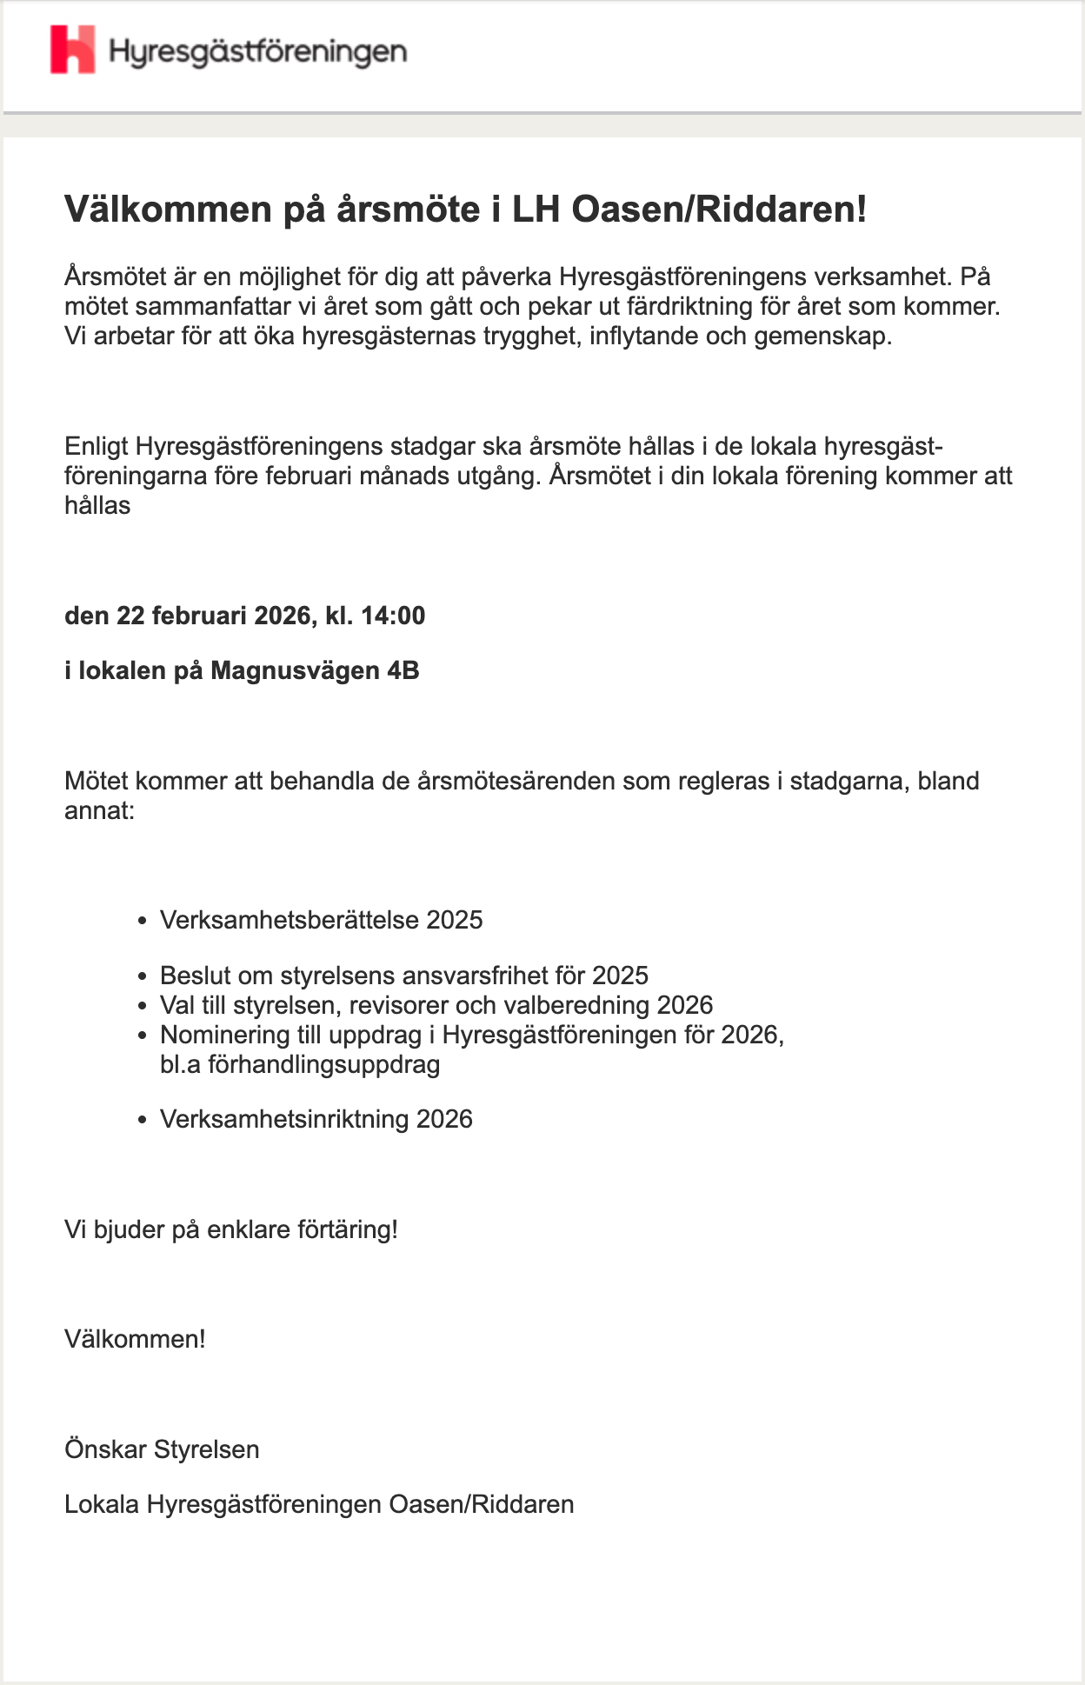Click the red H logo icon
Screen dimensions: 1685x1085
[x=72, y=50]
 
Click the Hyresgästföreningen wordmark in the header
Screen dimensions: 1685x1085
[x=258, y=52]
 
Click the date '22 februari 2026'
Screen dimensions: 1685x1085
[x=213, y=616]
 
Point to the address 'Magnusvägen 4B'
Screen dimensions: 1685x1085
[x=315, y=670]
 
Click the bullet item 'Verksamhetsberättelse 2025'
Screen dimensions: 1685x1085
[x=321, y=920]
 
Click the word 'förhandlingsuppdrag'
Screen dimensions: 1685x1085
[x=323, y=1064]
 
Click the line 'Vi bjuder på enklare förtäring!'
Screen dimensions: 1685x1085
[x=231, y=1229]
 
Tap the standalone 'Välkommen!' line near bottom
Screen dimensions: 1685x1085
[x=135, y=1338]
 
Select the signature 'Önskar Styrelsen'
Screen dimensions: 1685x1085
[x=162, y=1449]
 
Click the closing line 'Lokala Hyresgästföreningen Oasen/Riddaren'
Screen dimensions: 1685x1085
[x=319, y=1504]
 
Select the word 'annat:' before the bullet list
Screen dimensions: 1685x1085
[x=99, y=811]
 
